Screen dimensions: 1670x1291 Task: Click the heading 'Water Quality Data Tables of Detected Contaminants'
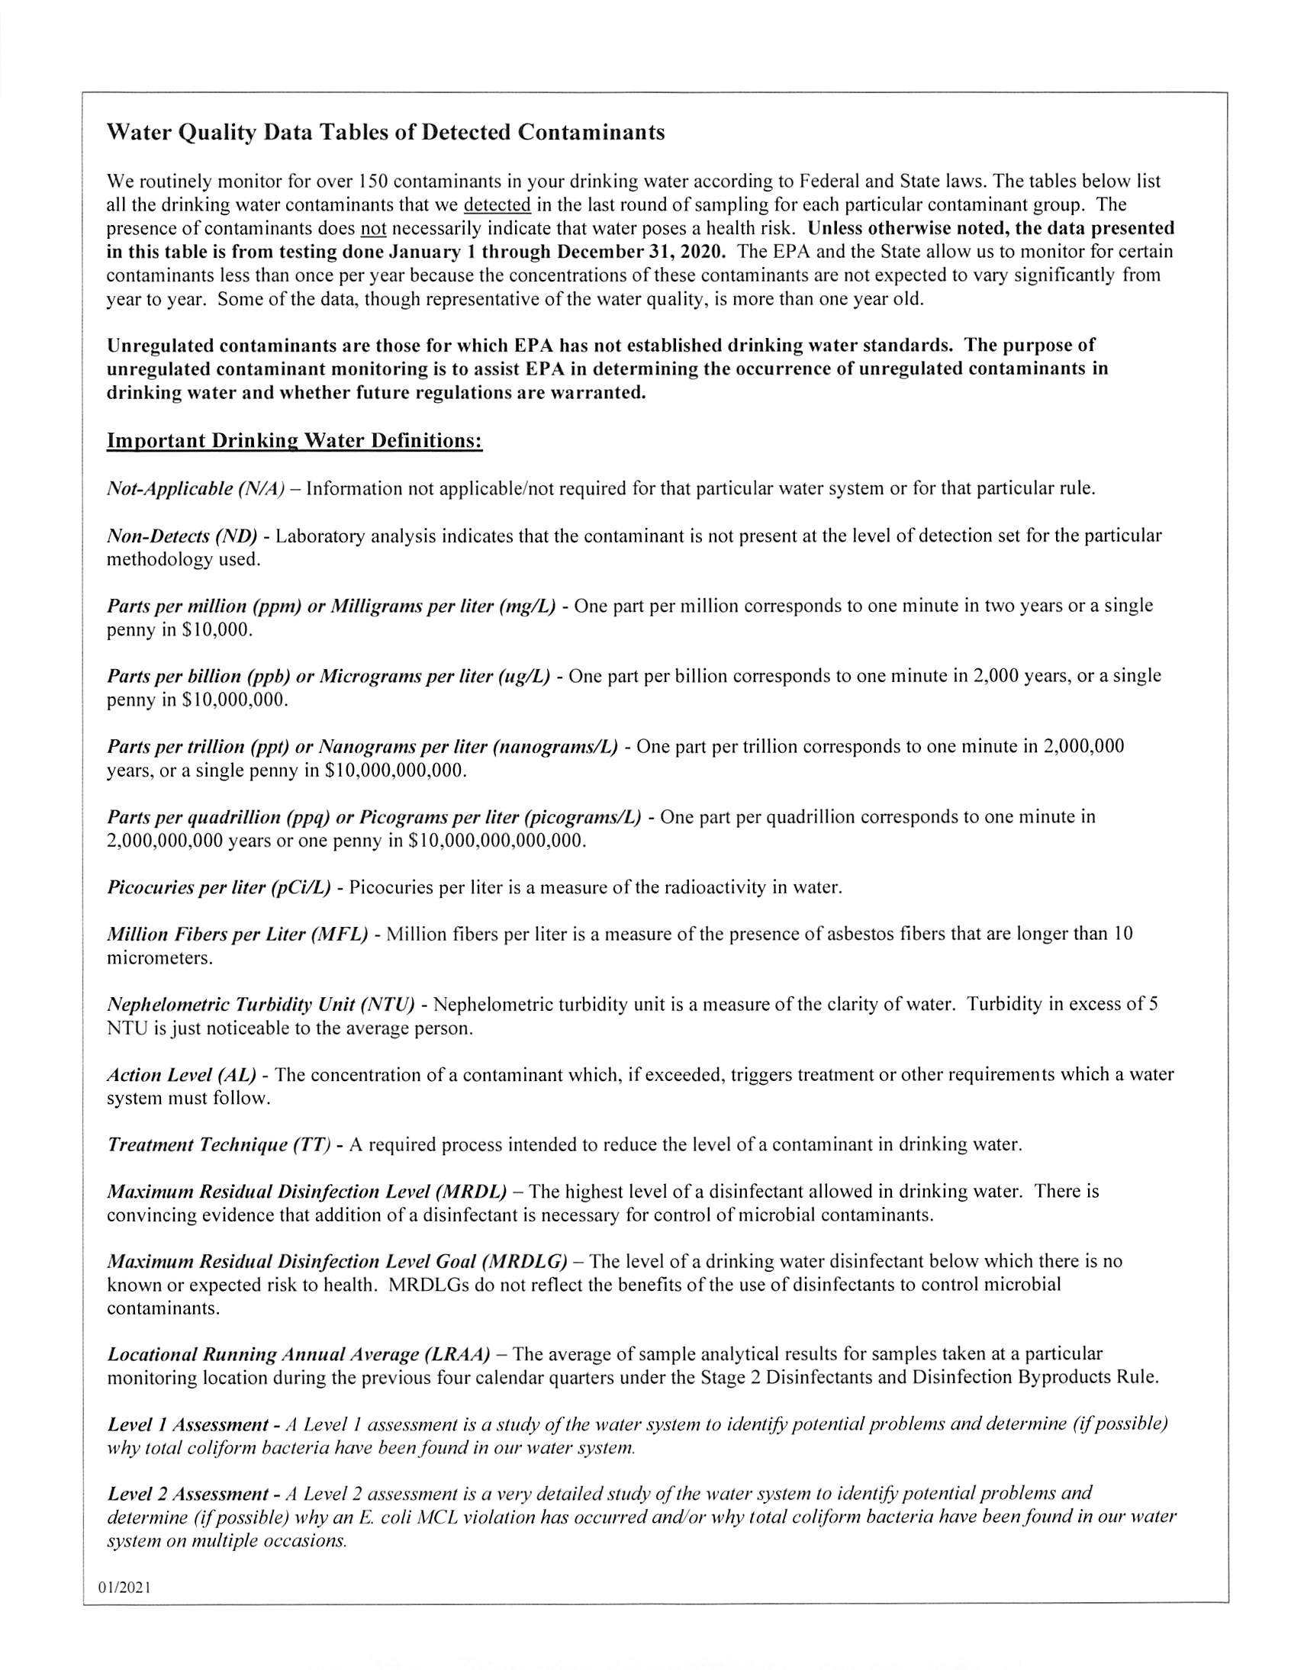[x=385, y=132]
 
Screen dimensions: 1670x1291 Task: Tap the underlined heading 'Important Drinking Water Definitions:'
[x=295, y=441]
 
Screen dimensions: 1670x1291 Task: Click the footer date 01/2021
[x=124, y=1588]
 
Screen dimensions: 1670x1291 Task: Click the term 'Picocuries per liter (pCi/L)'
[x=219, y=888]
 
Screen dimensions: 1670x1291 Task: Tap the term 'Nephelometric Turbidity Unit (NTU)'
[x=261, y=1004]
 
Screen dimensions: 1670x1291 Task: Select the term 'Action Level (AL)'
[x=182, y=1075]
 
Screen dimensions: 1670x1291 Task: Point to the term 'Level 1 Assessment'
[x=188, y=1424]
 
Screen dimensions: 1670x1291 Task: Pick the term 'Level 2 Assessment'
[x=188, y=1493]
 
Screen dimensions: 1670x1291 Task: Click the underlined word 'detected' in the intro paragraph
[x=497, y=205]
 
